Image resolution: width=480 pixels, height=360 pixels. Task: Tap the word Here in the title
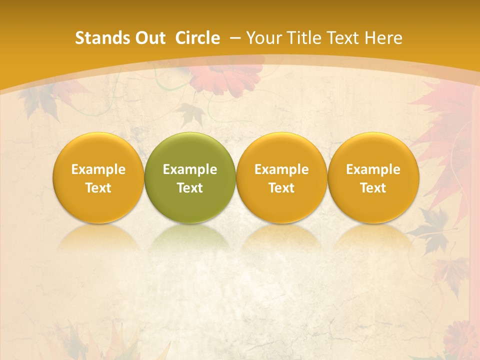(383, 38)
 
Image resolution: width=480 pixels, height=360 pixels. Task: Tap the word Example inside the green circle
(190, 169)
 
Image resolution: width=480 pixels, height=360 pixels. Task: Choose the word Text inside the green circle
(190, 188)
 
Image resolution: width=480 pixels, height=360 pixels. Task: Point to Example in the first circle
(98, 169)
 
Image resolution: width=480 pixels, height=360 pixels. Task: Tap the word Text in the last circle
(373, 188)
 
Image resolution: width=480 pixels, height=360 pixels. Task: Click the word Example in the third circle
(281, 169)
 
